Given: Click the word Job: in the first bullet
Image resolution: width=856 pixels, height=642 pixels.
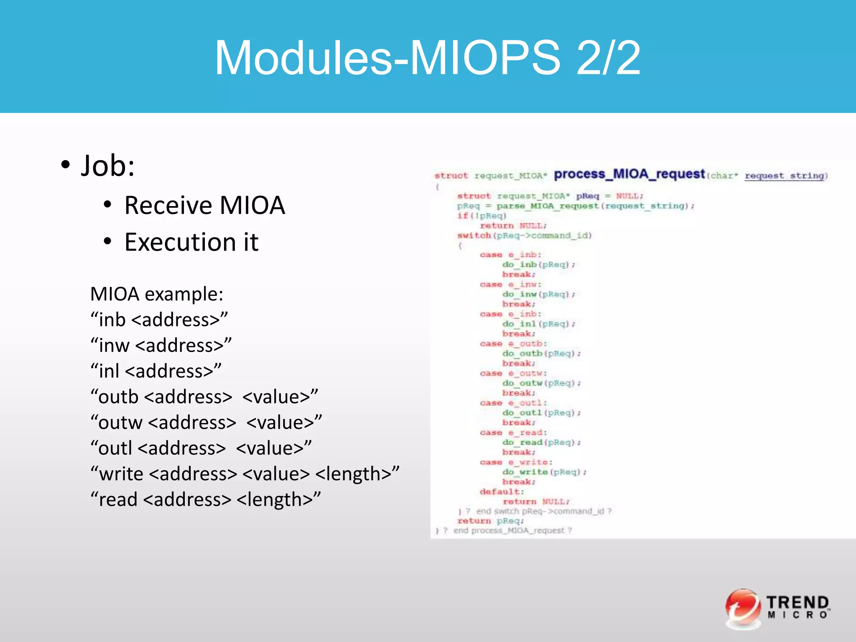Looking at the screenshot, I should click(x=107, y=166).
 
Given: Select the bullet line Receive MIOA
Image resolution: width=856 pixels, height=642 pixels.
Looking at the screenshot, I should click(x=204, y=205).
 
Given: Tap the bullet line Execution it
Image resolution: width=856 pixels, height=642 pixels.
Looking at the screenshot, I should click(x=191, y=242).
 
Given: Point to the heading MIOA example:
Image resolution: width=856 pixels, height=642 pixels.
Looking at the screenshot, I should click(x=157, y=294).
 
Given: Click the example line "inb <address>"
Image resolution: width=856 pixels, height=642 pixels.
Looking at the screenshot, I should click(x=159, y=320).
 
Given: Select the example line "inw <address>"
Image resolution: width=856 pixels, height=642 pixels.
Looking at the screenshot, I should click(x=161, y=346).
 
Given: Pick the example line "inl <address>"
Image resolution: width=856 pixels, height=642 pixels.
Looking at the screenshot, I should click(x=156, y=371).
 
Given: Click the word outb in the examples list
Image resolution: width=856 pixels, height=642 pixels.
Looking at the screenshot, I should click(x=118, y=397).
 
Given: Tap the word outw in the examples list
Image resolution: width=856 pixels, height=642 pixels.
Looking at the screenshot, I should click(x=120, y=423).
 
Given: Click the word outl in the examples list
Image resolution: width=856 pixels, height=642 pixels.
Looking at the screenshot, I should click(x=115, y=448).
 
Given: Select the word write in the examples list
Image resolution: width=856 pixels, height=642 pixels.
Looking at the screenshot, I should click(x=121, y=474).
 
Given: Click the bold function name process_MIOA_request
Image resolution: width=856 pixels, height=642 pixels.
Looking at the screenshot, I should click(x=629, y=174).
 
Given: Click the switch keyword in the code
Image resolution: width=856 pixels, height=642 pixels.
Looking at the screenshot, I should click(x=474, y=236).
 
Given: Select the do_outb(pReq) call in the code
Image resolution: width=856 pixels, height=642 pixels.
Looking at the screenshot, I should click(x=541, y=354).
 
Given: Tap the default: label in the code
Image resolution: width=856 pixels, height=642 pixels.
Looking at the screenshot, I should click(x=502, y=492).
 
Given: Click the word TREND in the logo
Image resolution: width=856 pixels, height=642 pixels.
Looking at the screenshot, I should click(x=797, y=602).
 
